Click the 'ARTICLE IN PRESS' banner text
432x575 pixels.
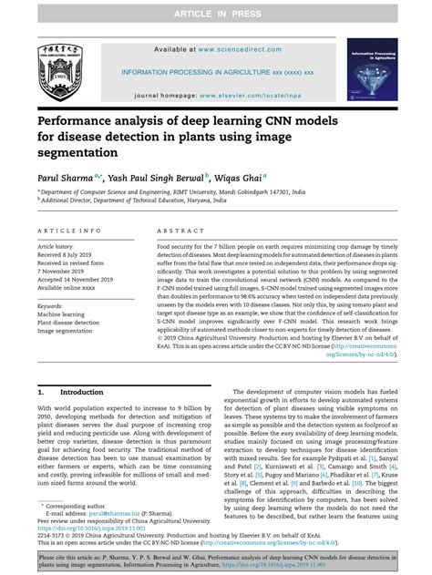click(215, 9)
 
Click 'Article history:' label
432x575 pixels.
click(57, 248)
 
